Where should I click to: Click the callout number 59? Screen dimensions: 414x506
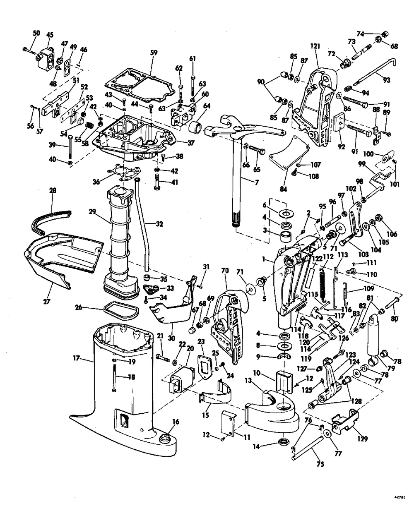[154, 53]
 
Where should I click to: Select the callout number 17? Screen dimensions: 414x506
[76, 359]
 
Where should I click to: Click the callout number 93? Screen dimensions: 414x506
[386, 80]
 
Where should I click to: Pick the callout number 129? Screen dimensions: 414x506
[363, 439]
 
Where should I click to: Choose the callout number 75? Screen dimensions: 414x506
[320, 464]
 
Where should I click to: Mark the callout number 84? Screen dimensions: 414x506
[283, 189]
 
